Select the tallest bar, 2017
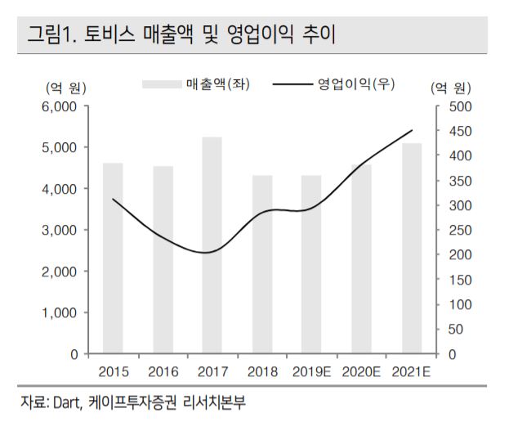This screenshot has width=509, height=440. pyautogui.click(x=212, y=245)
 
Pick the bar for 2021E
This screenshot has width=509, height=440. pyautogui.click(x=412, y=249)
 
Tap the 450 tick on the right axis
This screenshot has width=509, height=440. pyautogui.click(x=456, y=131)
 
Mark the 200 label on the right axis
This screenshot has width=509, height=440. pyautogui.click(x=456, y=255)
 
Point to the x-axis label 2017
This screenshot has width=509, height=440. pyautogui.click(x=212, y=371)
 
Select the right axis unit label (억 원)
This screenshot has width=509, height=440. pyautogui.click(x=449, y=88)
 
